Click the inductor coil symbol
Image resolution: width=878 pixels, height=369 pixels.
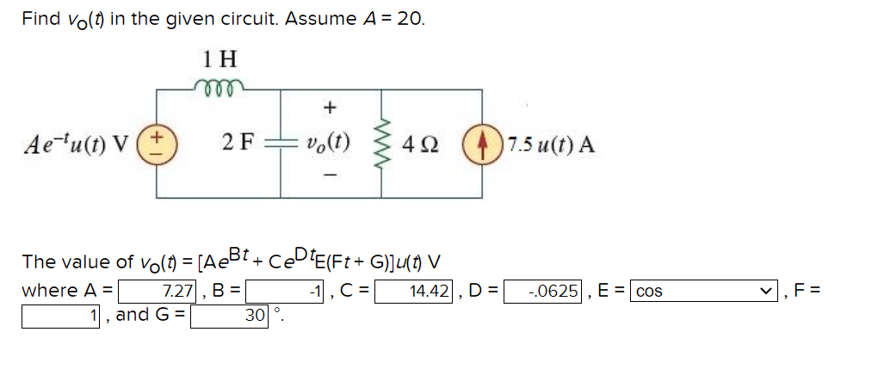click(x=219, y=84)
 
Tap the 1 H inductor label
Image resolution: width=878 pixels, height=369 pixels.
click(x=220, y=58)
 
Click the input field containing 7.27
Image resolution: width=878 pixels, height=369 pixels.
click(x=159, y=291)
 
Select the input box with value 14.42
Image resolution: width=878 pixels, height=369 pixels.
click(x=416, y=291)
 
